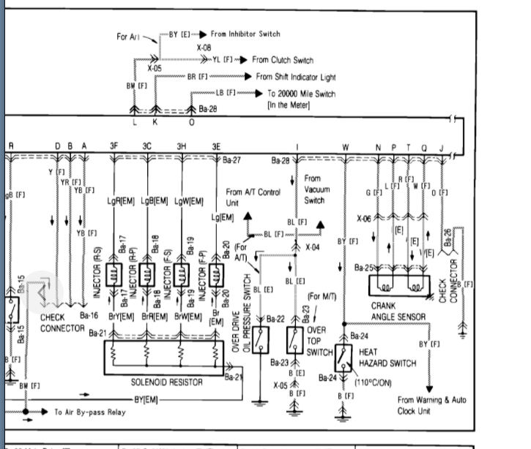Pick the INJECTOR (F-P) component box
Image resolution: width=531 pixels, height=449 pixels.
tap(216, 276)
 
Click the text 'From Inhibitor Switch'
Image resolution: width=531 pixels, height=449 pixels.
tap(245, 34)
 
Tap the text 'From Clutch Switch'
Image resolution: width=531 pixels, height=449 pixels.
tap(282, 60)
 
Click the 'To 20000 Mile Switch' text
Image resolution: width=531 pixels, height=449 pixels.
tap(300, 94)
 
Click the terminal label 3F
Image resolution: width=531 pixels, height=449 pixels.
tap(114, 146)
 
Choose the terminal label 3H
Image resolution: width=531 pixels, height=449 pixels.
tap(181, 146)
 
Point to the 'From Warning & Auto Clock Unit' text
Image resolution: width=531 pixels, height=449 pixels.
tap(431, 405)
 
